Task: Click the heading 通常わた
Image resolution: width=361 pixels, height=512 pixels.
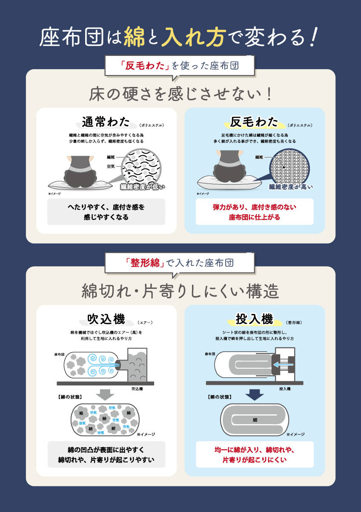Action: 106,122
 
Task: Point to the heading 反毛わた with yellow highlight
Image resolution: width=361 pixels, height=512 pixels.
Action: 254,122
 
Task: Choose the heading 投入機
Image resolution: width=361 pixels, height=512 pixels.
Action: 254,319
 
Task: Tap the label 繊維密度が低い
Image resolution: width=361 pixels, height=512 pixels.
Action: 142,186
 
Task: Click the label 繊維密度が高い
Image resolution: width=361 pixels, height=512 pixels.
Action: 291,186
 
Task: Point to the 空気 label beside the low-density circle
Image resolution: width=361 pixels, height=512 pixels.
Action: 110,166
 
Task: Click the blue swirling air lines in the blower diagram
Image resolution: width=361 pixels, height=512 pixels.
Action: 100,364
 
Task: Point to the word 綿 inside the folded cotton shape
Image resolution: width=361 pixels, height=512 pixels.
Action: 255,420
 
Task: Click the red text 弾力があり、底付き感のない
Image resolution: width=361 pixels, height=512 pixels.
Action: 255,208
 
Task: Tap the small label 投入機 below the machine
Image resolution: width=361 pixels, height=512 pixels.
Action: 285,389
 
